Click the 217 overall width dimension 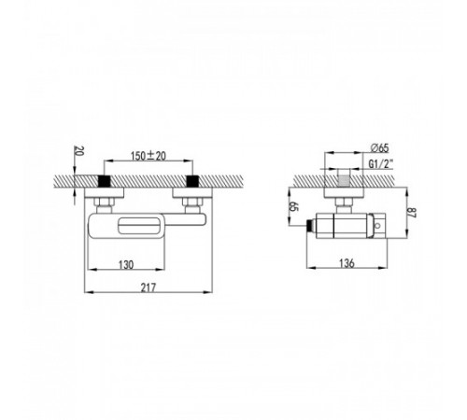[149, 287]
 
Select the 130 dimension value [126, 265]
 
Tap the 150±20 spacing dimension [149, 156]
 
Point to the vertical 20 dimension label [79, 151]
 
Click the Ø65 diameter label [380, 148]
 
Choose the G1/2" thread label [381, 164]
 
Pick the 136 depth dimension [347, 263]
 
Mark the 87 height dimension [412, 213]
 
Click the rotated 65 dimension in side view [294, 206]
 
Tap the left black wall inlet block [105, 181]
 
